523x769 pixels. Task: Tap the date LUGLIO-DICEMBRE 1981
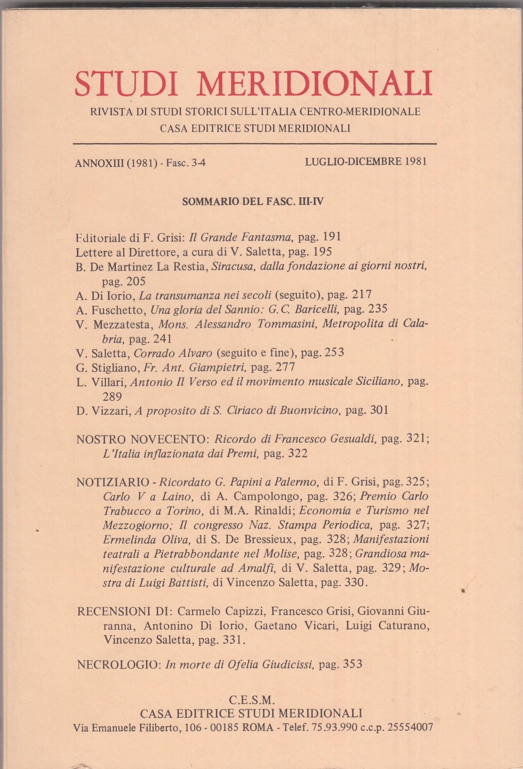pos(366,162)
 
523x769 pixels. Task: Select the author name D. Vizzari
pos(102,410)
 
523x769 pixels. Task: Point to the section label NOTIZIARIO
pos(113,482)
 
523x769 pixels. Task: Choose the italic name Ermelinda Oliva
pos(147,539)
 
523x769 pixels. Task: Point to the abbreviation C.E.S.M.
pos(251,699)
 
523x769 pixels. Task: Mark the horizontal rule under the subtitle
pos(255,144)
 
